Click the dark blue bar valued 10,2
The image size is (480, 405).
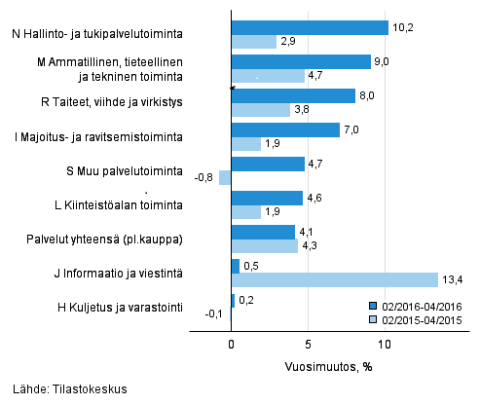310,27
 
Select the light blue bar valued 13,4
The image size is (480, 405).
334,280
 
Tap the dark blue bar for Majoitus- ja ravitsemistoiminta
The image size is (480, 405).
285,129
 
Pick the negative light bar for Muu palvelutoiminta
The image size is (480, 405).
225,178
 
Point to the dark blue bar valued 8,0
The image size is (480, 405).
293,95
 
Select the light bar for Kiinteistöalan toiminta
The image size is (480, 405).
246,212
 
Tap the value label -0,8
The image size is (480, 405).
204,178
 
